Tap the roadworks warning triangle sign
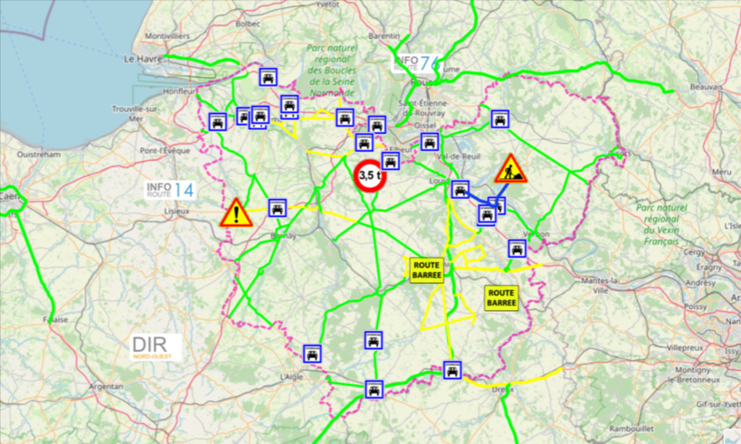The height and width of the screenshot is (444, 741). [509, 169]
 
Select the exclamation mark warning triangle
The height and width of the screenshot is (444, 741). [236, 213]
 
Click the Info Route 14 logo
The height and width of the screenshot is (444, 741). [170, 190]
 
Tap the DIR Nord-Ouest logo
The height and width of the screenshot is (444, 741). [155, 347]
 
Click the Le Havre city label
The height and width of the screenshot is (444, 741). [141, 59]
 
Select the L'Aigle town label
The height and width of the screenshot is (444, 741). [291, 375]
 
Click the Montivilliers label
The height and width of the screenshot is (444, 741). [167, 36]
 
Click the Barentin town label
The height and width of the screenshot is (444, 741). [385, 36]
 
